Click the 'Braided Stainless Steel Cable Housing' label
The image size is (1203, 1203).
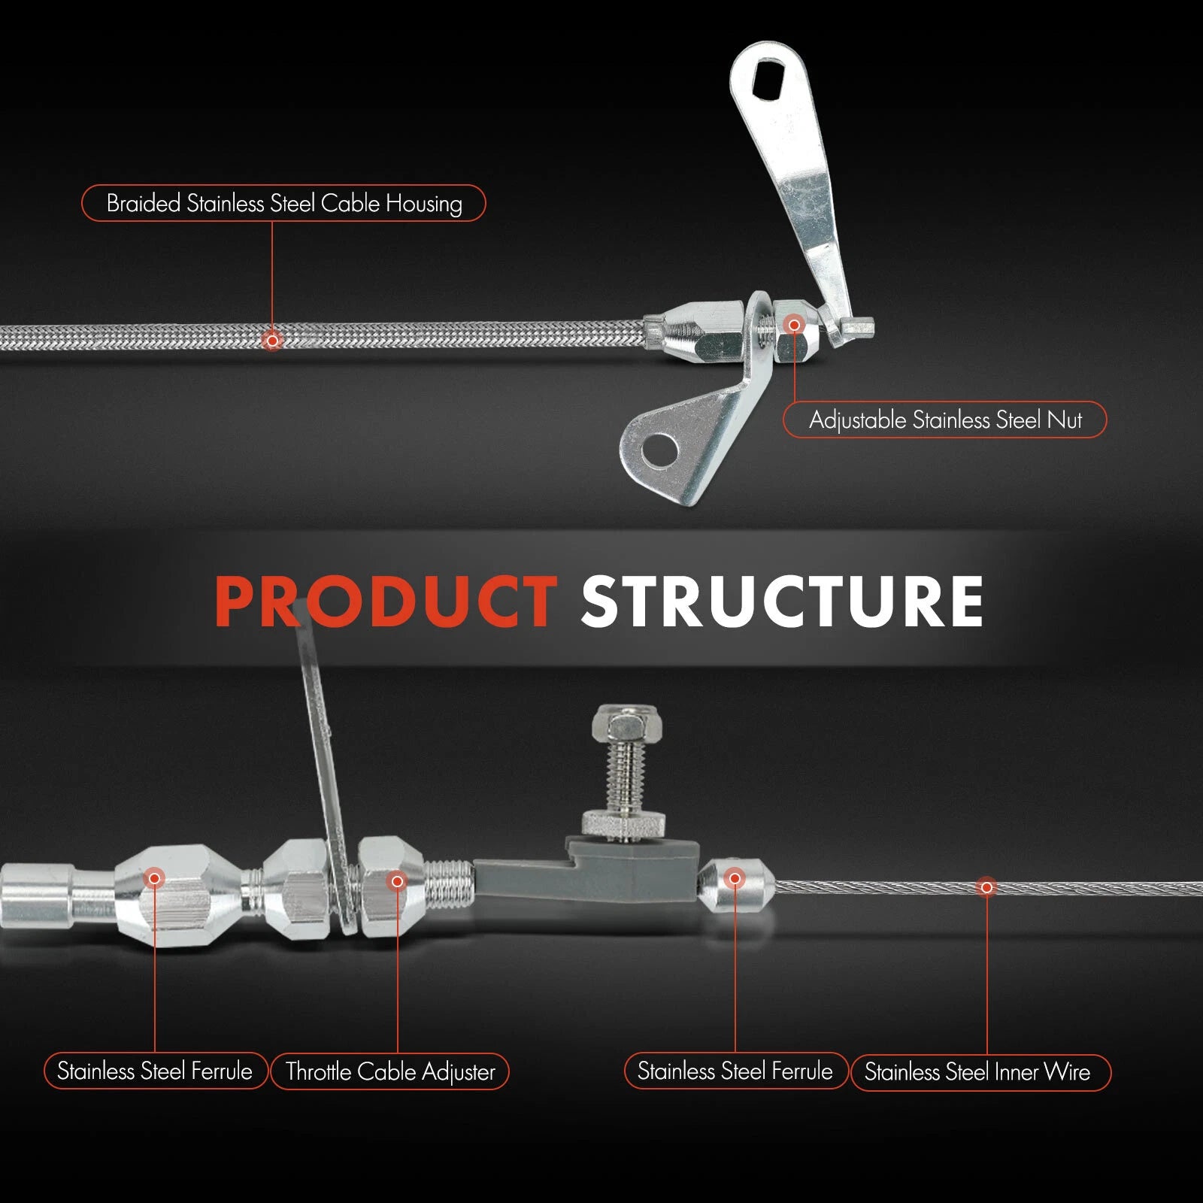tap(283, 203)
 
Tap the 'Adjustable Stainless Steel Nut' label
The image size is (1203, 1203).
tap(944, 420)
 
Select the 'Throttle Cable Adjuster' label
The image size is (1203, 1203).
tap(389, 1071)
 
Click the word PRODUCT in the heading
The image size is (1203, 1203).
tap(385, 601)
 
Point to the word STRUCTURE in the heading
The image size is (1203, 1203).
tap(782, 601)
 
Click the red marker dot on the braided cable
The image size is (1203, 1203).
tap(272, 340)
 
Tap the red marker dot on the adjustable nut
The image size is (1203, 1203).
tap(794, 325)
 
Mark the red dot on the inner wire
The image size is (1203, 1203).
tap(986, 887)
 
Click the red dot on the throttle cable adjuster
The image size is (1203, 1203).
tap(397, 880)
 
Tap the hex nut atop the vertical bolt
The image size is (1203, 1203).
tap(626, 723)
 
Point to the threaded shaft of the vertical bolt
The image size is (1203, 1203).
tap(626, 774)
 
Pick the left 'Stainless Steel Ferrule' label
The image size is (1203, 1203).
tap(155, 1071)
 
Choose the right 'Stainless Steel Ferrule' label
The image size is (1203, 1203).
tap(735, 1071)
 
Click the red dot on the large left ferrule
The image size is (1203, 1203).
tap(155, 877)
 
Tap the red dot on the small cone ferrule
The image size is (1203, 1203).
tap(735, 877)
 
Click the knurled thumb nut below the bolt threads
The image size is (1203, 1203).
tap(624, 824)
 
